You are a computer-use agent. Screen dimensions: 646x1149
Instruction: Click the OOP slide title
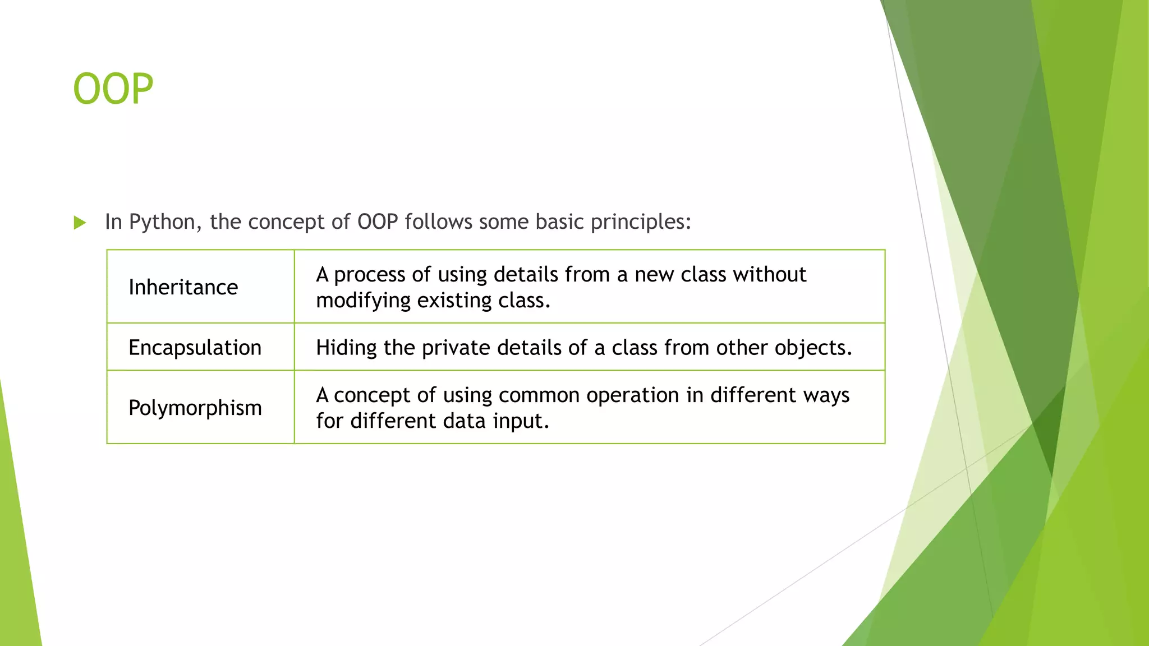tap(113, 89)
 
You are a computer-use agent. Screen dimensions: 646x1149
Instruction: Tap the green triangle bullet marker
tap(80, 223)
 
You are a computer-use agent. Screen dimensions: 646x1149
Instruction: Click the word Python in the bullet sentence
tap(162, 222)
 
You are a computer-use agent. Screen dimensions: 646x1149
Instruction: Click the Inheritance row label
tap(183, 287)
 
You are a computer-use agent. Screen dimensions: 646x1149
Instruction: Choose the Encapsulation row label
tap(195, 348)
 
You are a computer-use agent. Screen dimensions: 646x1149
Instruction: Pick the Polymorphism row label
tap(195, 408)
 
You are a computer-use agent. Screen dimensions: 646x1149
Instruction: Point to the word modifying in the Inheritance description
tap(363, 301)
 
